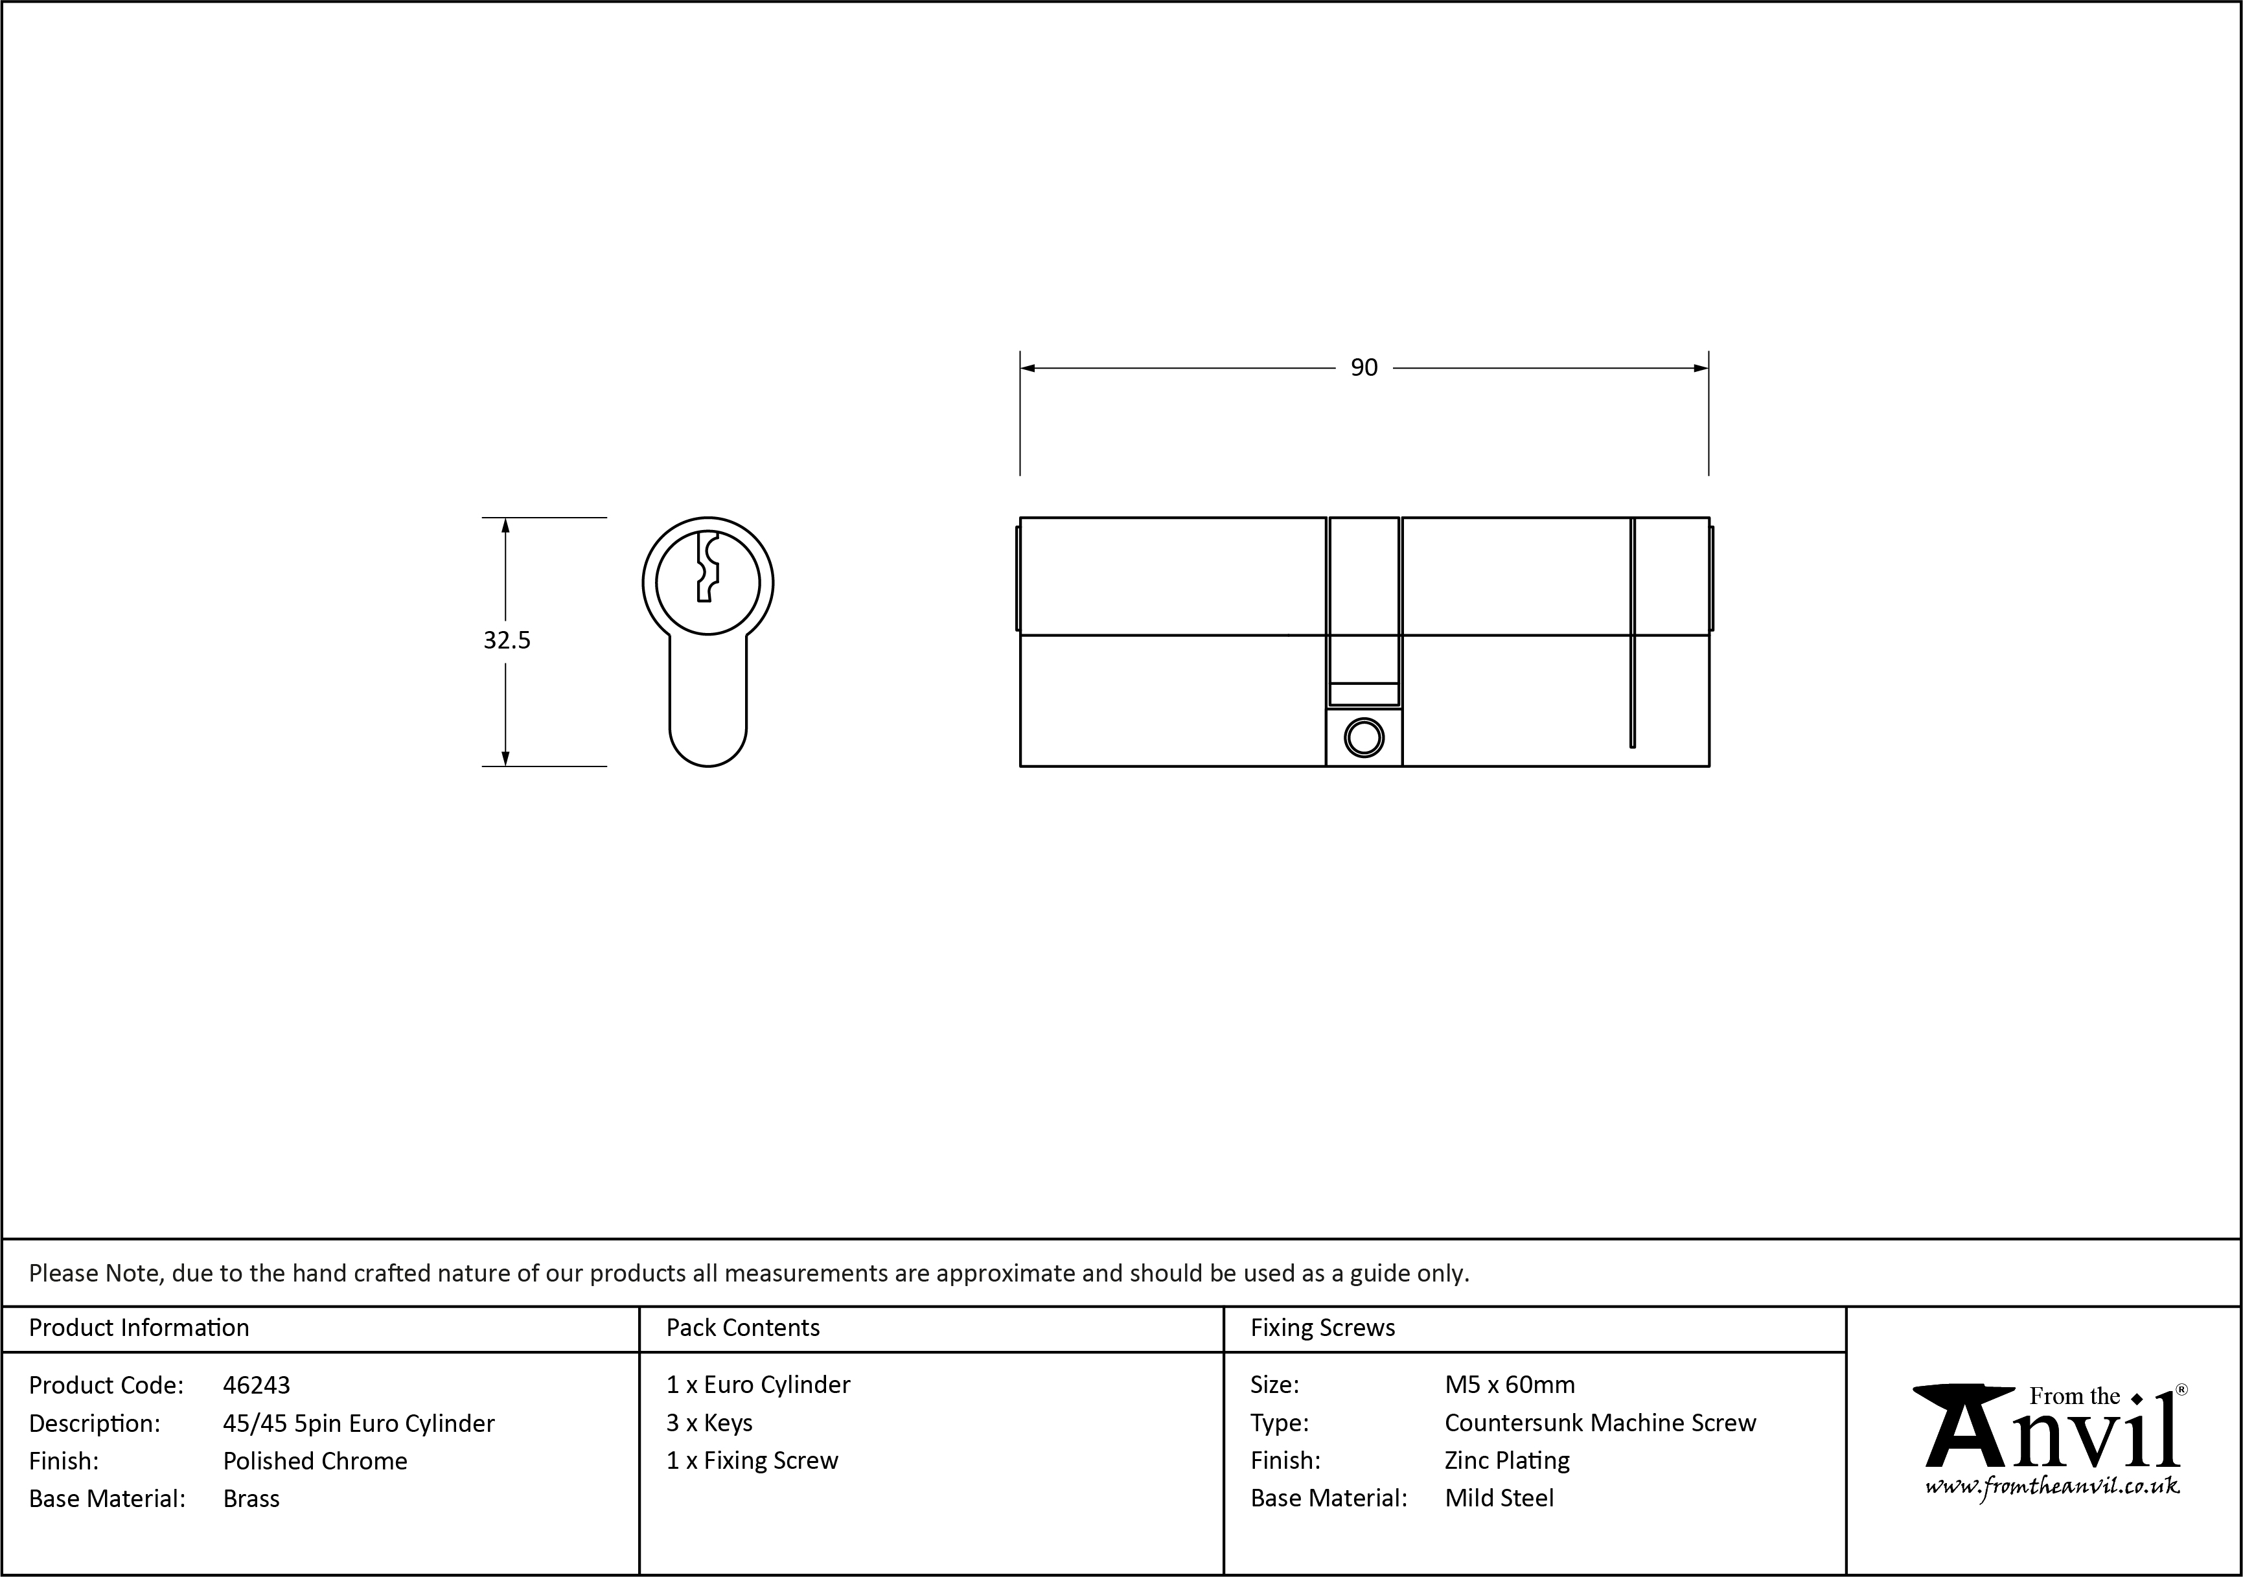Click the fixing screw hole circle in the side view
click(x=1364, y=738)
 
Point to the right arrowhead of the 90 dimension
click(x=1700, y=369)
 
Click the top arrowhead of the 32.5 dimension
click(x=505, y=525)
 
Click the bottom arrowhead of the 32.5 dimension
click(x=505, y=757)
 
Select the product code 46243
click(x=256, y=1385)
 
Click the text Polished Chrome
click(x=315, y=1461)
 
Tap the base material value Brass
click(x=251, y=1499)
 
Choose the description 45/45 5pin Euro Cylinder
click(x=358, y=1423)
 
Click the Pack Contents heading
click(x=742, y=1328)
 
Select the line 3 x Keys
click(x=709, y=1423)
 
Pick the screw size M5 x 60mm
click(x=1510, y=1385)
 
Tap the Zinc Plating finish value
click(x=1506, y=1461)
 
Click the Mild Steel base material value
click(x=1499, y=1498)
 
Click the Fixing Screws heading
click(x=1323, y=1328)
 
